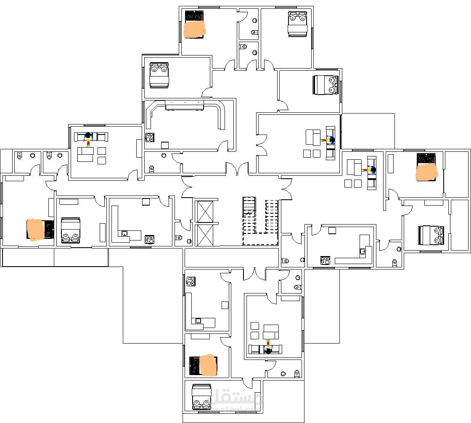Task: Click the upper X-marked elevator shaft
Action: point(205,211)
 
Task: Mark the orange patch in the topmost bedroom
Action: point(195,30)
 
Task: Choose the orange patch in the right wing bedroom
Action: point(426,172)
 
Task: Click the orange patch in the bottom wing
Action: point(208,365)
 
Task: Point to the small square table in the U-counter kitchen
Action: point(165,145)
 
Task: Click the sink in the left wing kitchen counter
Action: point(124,233)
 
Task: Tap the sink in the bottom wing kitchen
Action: point(198,321)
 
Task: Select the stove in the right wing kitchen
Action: point(325,260)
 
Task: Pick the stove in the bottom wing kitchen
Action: point(191,281)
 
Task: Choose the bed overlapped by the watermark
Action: point(201,397)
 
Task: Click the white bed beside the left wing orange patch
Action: point(70,230)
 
